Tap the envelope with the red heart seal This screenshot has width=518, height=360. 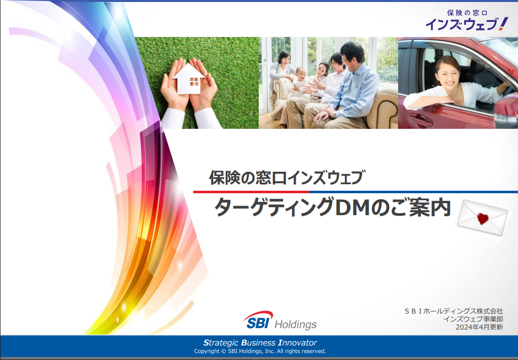[x=483, y=218]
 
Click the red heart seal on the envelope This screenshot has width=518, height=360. [x=483, y=218]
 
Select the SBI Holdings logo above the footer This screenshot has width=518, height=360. [x=280, y=321]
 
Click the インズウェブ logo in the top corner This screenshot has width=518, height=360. [x=467, y=20]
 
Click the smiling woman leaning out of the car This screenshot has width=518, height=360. [x=456, y=84]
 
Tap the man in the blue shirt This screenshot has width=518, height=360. [x=347, y=87]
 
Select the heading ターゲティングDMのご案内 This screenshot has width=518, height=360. [x=332, y=208]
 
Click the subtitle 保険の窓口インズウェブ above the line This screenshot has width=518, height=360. [x=287, y=178]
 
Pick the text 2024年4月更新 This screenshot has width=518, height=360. [x=480, y=327]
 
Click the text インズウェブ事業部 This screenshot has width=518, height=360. [x=473, y=319]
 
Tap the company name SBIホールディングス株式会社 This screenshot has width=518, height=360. [x=454, y=311]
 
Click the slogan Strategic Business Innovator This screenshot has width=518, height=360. [x=260, y=343]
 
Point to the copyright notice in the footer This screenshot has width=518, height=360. [x=260, y=351]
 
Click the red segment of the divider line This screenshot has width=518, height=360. [x=251, y=192]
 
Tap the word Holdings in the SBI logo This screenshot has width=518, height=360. [x=296, y=325]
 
